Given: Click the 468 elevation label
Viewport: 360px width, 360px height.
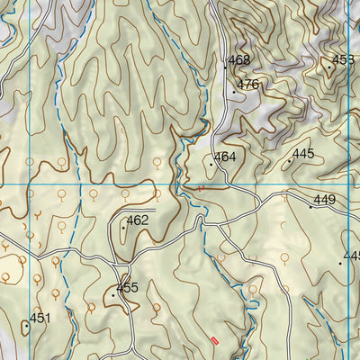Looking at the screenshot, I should click(238, 60).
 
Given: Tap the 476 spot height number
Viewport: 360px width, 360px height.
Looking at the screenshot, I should click(247, 85).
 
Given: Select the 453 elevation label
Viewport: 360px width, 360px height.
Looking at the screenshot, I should click(343, 60).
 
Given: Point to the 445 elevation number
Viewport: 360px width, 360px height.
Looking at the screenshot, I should click(303, 154).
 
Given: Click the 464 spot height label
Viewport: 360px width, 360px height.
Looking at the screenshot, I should click(225, 157).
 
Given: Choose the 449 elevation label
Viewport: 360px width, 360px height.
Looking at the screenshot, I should click(324, 200).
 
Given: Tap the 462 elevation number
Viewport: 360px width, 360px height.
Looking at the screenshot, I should click(137, 220).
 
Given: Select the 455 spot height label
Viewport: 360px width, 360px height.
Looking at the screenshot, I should click(127, 288).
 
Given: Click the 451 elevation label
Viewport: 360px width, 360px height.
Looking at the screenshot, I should click(40, 318).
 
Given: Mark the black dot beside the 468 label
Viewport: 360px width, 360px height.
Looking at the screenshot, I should click(225, 67).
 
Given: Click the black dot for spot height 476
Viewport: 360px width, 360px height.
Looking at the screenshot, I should click(234, 91).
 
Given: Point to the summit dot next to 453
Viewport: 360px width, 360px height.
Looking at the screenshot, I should click(329, 67).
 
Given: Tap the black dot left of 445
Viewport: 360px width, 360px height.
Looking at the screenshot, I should click(290, 161).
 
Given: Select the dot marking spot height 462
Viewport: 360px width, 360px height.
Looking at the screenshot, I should click(123, 228).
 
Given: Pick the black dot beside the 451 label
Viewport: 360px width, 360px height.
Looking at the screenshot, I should click(27, 325).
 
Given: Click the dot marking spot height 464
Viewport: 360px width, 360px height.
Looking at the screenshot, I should click(211, 165).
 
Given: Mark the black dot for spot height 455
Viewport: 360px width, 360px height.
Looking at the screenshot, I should click(113, 295).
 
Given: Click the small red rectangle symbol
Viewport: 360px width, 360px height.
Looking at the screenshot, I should click(214, 339).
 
